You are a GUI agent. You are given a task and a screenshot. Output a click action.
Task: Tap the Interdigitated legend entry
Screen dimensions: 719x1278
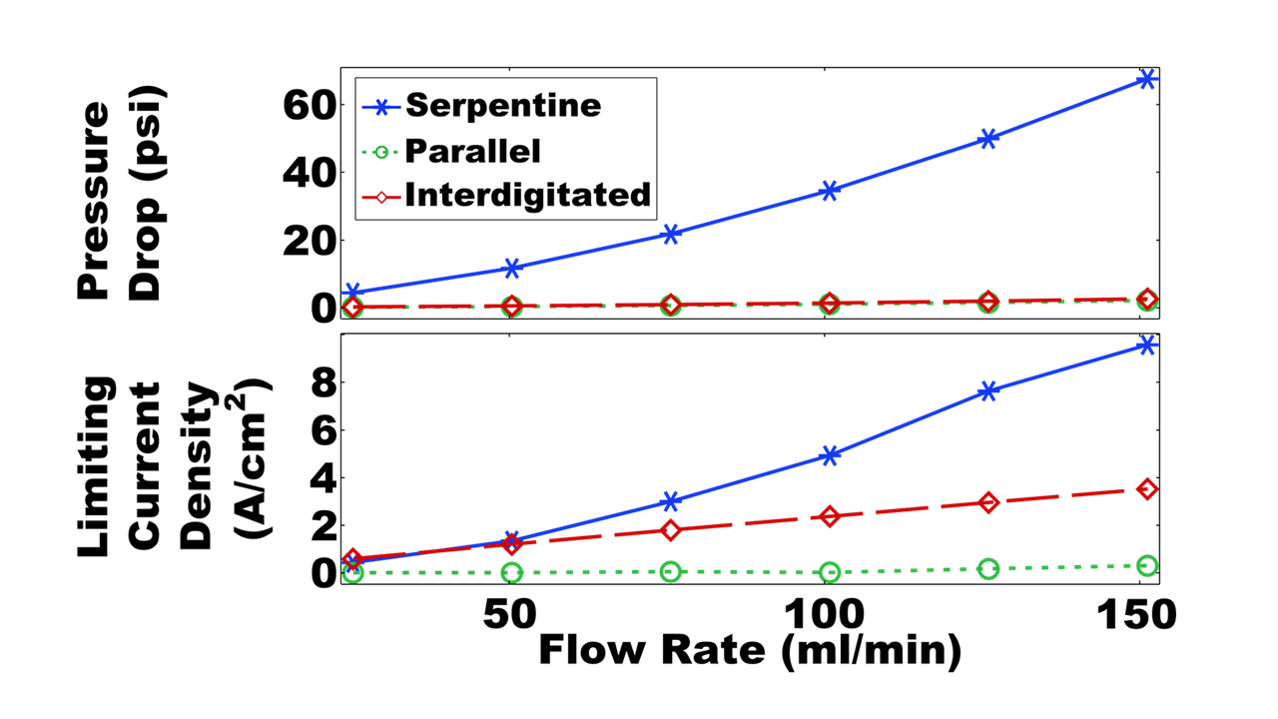527,195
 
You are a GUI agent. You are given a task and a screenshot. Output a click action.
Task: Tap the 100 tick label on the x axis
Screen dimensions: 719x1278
828,614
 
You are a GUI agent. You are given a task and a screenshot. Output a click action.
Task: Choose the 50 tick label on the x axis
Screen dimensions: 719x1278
512,614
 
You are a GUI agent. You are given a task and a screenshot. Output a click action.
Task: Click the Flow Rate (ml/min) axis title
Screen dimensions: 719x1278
750,651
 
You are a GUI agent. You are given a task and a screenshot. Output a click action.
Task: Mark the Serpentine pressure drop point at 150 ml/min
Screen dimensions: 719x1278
1147,79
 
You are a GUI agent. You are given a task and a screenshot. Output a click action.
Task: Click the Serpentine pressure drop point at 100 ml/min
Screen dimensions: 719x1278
830,191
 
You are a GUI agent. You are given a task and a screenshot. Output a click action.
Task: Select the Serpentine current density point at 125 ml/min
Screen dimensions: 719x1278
988,391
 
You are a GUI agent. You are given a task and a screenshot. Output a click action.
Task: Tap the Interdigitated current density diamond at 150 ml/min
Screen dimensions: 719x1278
1147,489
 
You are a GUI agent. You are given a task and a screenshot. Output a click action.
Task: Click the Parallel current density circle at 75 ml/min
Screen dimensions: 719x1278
671,572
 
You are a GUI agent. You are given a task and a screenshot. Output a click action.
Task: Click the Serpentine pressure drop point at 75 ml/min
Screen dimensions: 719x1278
671,234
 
